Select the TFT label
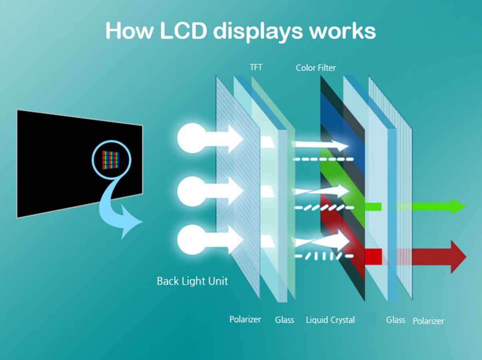(256, 67)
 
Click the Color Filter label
(316, 68)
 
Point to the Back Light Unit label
(192, 281)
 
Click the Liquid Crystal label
(330, 320)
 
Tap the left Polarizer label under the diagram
(245, 319)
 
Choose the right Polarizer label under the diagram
(428, 321)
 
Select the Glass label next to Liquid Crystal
(284, 320)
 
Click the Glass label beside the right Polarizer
(396, 320)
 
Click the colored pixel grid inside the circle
(111, 160)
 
